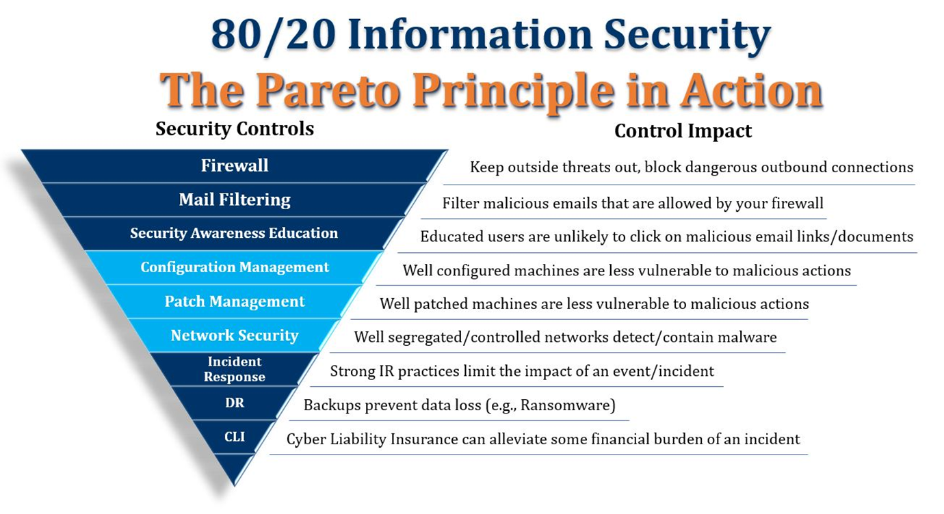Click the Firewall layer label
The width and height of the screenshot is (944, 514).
point(235,165)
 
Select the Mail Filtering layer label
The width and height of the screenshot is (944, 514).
point(235,200)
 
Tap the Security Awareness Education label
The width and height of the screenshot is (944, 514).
point(234,233)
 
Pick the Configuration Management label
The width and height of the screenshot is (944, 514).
point(235,267)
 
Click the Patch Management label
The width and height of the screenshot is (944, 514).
point(235,301)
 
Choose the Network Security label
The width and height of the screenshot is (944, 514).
point(235,336)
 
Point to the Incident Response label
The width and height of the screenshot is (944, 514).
point(235,369)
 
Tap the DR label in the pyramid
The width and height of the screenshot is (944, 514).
point(235,403)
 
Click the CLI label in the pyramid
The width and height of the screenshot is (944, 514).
point(235,437)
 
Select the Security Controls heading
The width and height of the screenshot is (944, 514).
point(235,128)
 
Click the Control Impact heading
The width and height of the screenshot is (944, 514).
point(683,131)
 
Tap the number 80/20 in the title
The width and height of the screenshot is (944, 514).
point(273,36)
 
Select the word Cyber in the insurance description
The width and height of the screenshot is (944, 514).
point(306,439)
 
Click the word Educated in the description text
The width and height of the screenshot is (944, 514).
point(451,236)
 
